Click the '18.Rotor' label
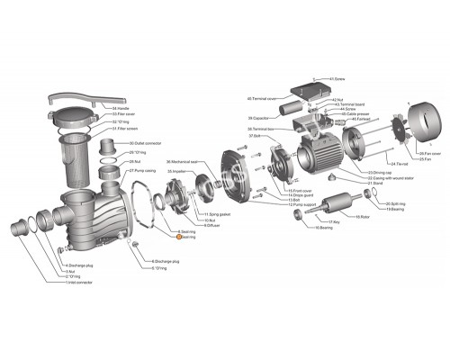click(x=363, y=217)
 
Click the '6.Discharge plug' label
click(x=166, y=261)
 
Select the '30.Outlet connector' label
click(x=144, y=144)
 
